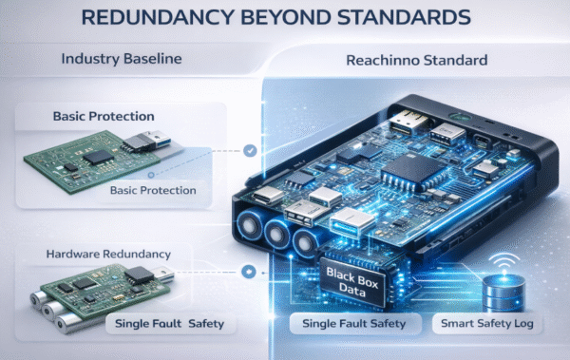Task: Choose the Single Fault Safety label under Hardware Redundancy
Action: coord(166,324)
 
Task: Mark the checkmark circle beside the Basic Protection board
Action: coord(249,149)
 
